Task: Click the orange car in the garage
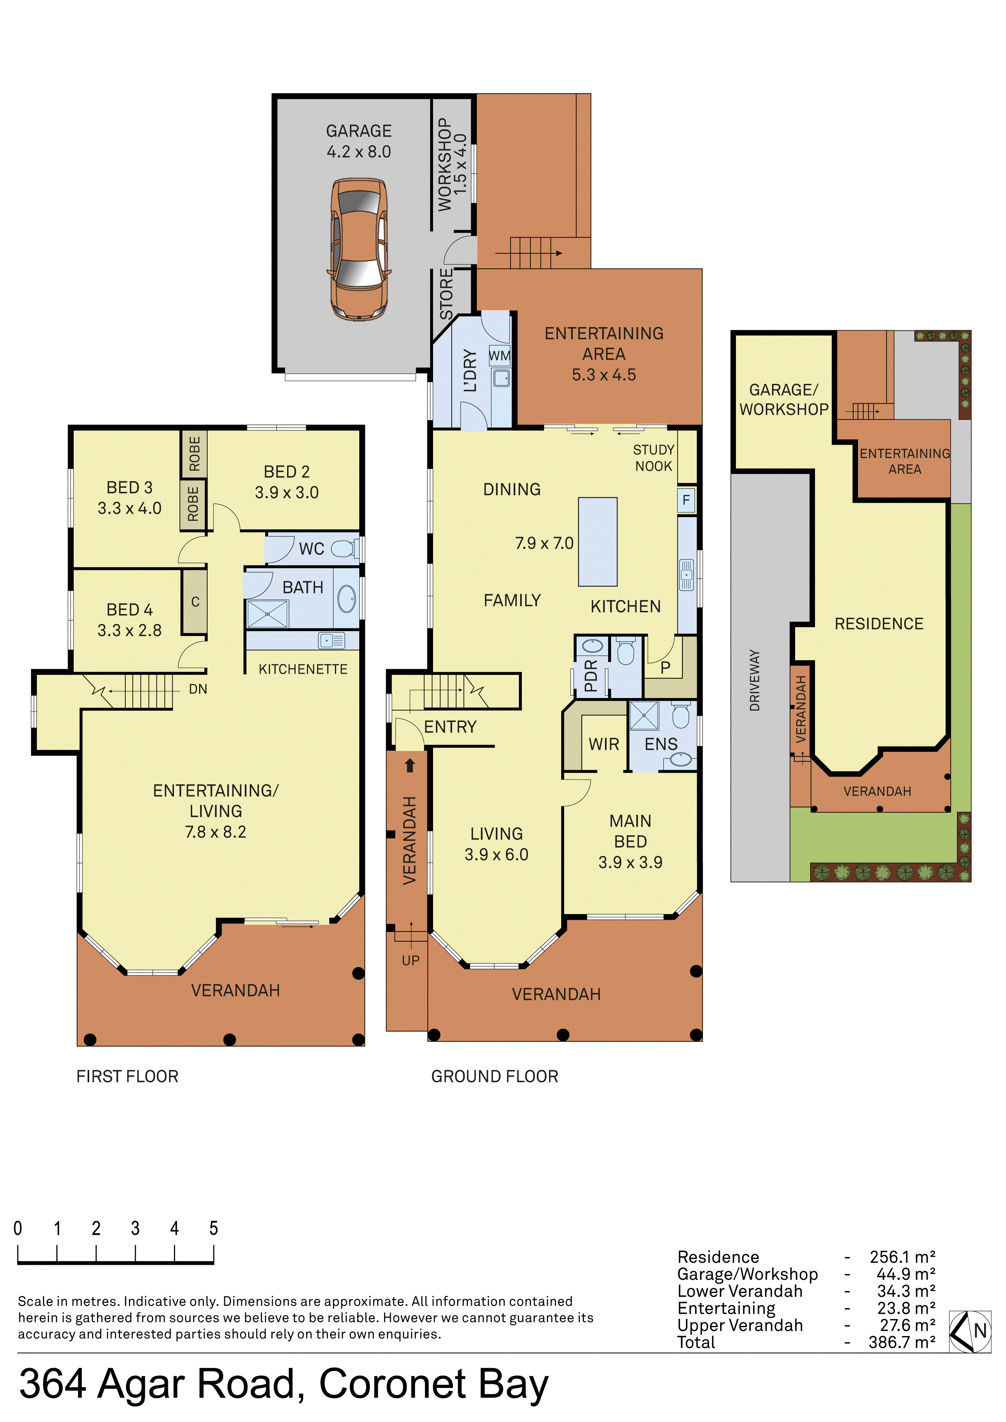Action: pos(359,250)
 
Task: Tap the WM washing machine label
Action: pos(499,356)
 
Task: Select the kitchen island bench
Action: pos(597,542)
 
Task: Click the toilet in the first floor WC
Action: pos(344,549)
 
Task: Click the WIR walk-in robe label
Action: pos(604,744)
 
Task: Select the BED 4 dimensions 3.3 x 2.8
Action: pos(129,630)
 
